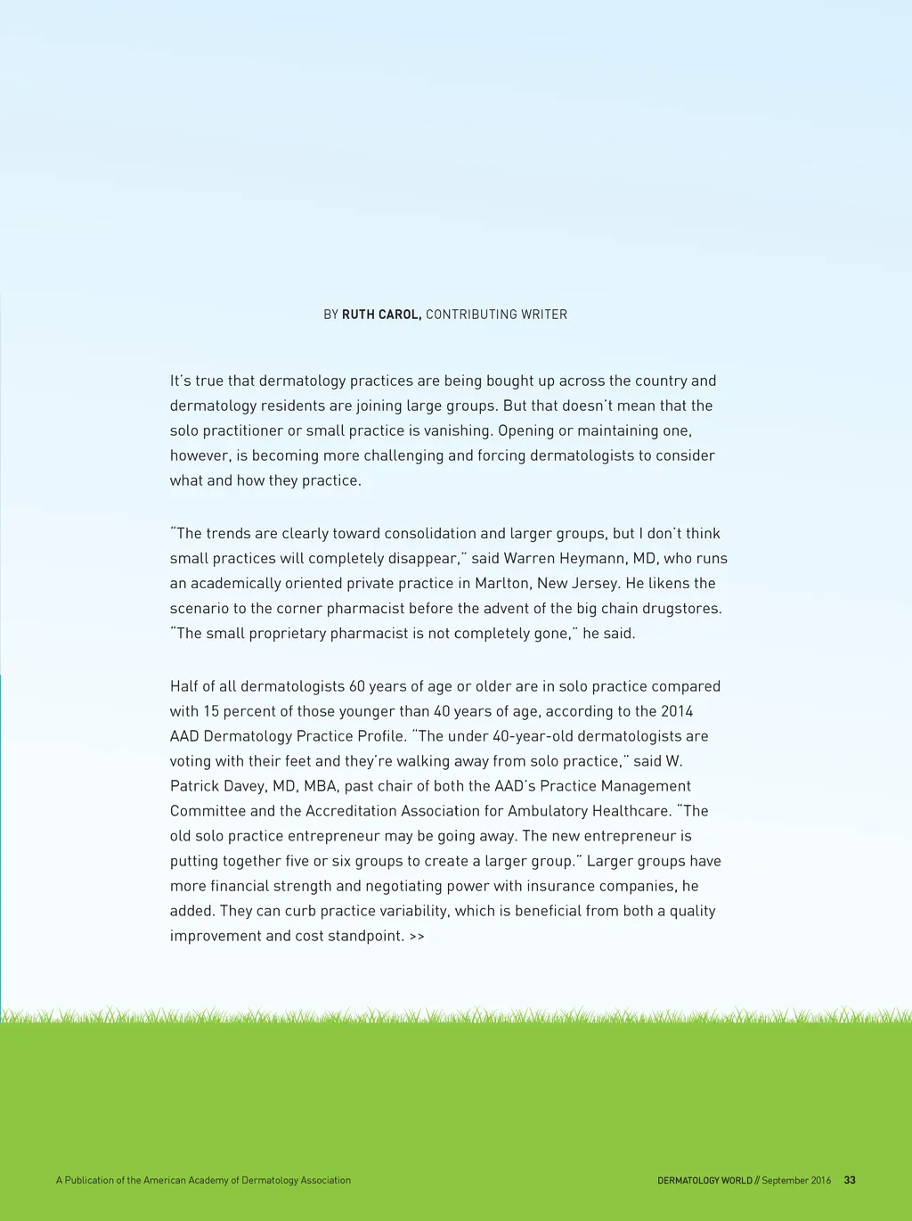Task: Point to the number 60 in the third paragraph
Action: (357, 686)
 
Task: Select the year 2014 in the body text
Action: (677, 711)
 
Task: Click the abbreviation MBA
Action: (321, 786)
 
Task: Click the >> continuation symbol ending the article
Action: (417, 937)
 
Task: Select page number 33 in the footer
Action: (850, 1180)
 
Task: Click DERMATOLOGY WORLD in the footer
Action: (704, 1180)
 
